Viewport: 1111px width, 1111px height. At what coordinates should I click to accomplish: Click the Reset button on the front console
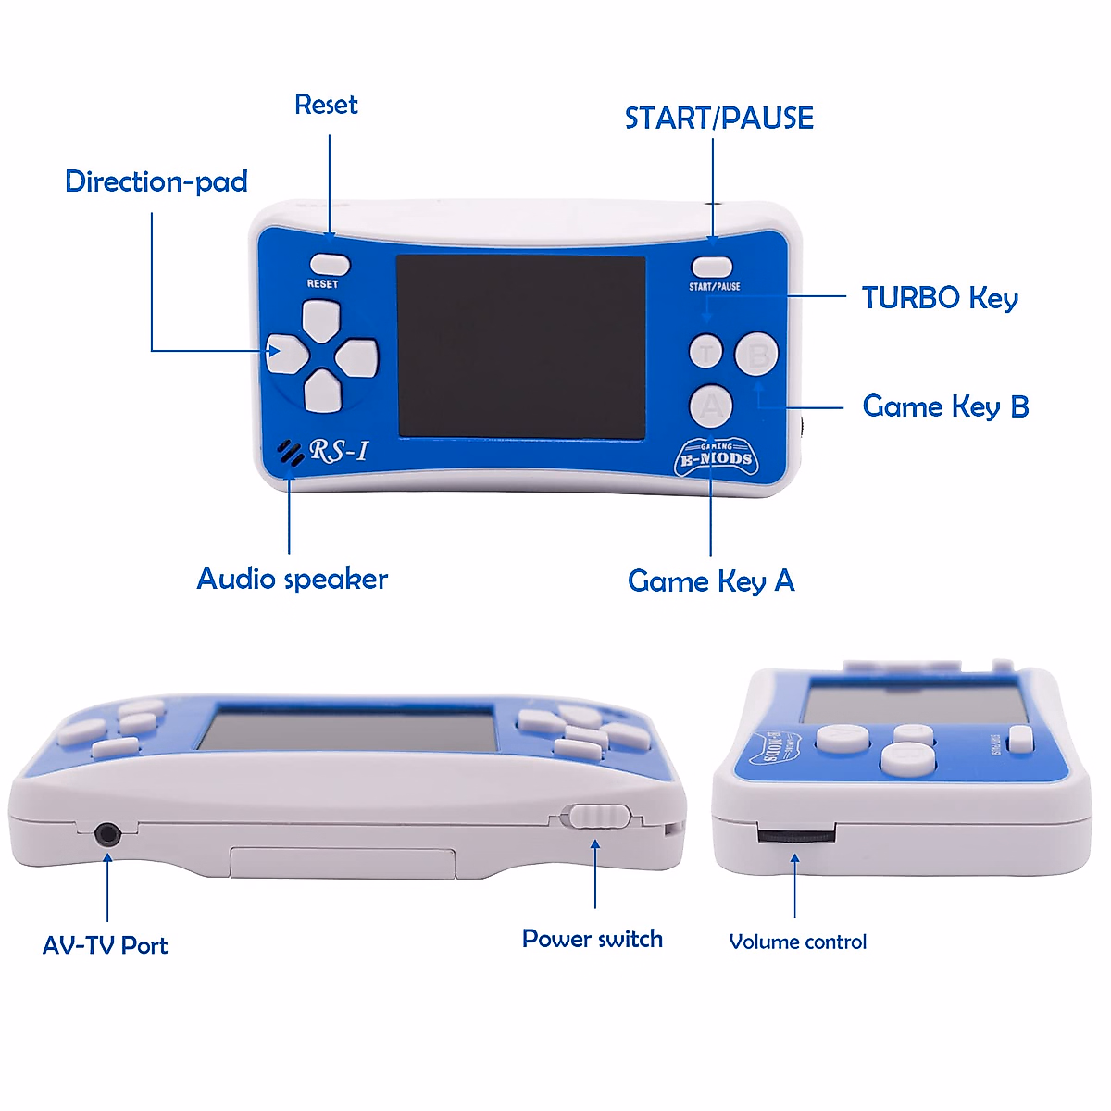[329, 265]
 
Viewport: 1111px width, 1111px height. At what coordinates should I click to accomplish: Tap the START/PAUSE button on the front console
[711, 269]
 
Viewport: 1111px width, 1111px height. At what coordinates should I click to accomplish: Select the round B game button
[756, 353]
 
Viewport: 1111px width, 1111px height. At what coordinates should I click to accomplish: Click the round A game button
[711, 405]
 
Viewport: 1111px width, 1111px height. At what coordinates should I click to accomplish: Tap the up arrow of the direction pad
[321, 319]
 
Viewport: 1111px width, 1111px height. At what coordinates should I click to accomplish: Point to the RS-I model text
[339, 451]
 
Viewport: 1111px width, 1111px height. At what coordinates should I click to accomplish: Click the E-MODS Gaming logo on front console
[717, 457]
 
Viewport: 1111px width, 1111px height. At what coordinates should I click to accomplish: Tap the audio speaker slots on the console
[291, 452]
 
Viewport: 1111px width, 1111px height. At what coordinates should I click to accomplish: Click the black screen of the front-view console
[520, 345]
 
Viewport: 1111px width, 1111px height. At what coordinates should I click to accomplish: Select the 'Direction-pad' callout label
[156, 181]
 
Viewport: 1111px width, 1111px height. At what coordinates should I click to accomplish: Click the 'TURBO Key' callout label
[940, 298]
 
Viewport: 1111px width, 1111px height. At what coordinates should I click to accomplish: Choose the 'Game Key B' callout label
[945, 406]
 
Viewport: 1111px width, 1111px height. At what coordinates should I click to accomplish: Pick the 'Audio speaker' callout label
[293, 580]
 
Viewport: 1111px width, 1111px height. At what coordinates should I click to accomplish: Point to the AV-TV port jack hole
[108, 834]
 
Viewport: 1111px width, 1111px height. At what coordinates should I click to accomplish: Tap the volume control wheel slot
[795, 835]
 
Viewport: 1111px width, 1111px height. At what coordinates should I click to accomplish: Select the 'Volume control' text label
[798, 942]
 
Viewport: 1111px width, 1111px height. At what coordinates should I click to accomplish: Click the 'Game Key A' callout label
[711, 581]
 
